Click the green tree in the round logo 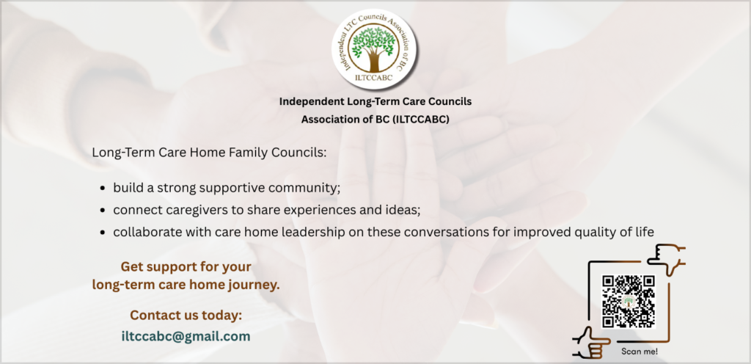tap(373, 47)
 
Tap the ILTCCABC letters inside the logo tap(373, 78)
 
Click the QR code tap(628, 302)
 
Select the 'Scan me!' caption tap(640, 351)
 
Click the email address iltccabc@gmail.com tap(186, 336)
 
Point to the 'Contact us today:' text tap(186, 315)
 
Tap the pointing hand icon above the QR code tap(666, 258)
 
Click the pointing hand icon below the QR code tap(591, 343)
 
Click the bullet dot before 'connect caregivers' tap(103, 211)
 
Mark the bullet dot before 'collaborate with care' tap(103, 233)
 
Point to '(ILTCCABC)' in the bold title tap(420, 120)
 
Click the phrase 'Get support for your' tap(186, 266)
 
